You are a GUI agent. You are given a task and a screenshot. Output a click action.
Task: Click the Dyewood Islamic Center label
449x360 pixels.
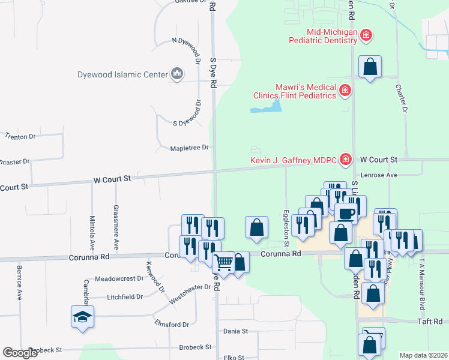point(122,75)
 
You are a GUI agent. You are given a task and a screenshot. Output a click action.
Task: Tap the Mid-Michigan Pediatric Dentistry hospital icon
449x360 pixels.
point(366,36)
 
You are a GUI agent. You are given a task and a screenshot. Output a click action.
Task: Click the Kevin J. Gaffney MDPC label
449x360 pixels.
point(294,160)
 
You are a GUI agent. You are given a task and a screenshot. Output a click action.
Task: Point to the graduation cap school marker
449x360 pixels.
point(82,317)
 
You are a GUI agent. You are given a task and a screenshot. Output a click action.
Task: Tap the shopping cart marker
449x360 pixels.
point(223,262)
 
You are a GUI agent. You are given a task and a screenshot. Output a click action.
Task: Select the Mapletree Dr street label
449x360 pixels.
point(189,148)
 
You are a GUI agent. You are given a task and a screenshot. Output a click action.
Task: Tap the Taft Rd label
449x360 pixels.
point(430,322)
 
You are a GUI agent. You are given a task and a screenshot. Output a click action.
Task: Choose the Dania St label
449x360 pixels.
point(235,331)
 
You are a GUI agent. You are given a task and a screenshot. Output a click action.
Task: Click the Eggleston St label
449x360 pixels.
point(286,227)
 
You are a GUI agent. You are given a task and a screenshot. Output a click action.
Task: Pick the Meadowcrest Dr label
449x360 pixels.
point(120,278)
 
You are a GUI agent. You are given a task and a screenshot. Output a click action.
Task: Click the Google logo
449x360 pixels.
point(20,353)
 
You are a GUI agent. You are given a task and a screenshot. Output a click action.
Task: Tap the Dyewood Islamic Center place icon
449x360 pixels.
point(177,74)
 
